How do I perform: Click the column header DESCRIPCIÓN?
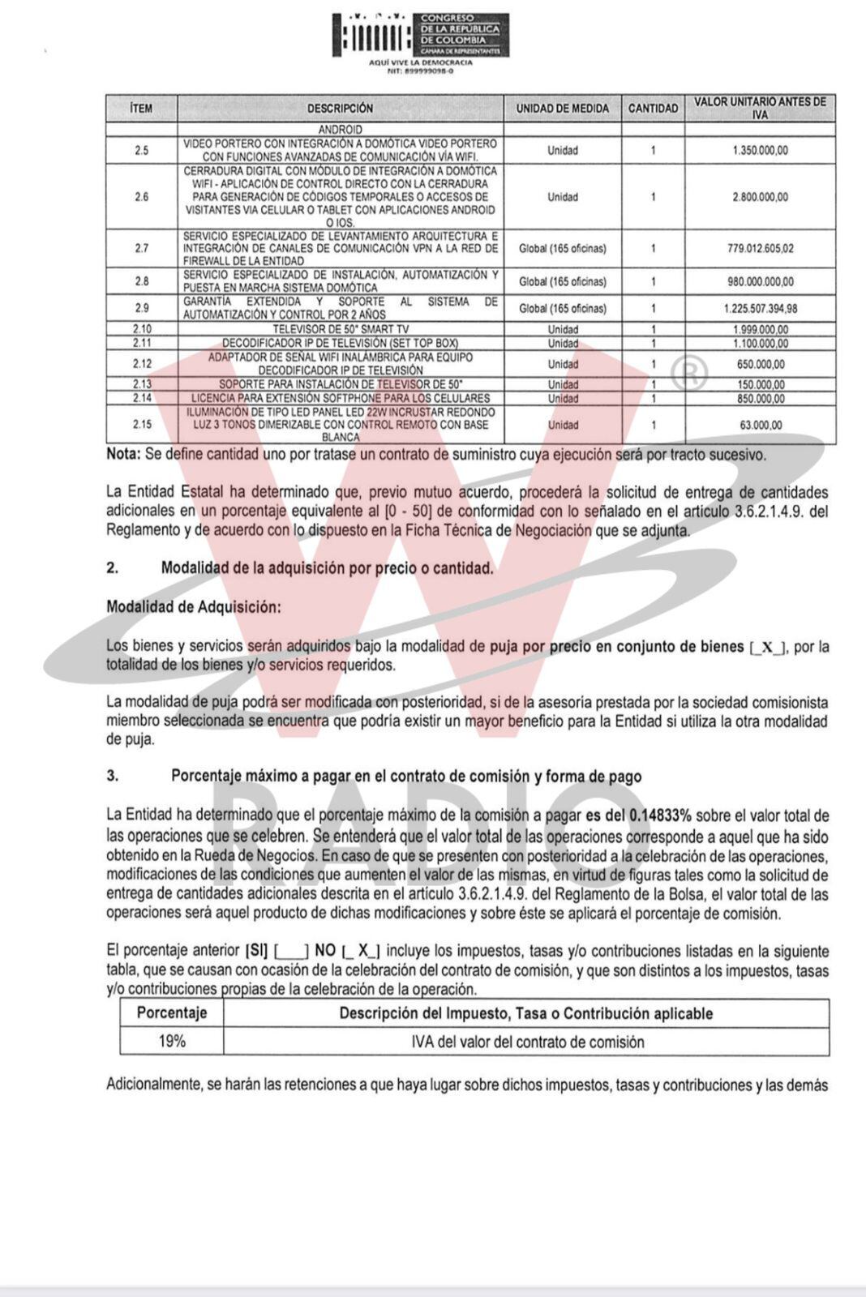pyautogui.click(x=340, y=108)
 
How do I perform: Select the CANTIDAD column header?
pyautogui.click(x=653, y=108)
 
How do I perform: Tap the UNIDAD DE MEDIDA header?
pyautogui.click(x=562, y=108)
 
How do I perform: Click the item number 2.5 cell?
pyautogui.click(x=141, y=150)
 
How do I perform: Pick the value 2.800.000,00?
pyautogui.click(x=759, y=197)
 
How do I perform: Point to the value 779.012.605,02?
pyautogui.click(x=760, y=249)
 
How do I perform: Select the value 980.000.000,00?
pyautogui.click(x=760, y=281)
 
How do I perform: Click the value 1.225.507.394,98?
pyautogui.click(x=760, y=308)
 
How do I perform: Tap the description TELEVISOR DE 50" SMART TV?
pyautogui.click(x=340, y=329)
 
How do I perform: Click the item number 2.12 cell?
pyautogui.click(x=141, y=364)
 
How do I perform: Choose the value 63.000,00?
pyautogui.click(x=759, y=425)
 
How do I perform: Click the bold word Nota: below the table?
pyautogui.click(x=123, y=455)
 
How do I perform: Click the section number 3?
pyautogui.click(x=112, y=776)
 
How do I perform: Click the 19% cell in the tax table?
pyautogui.click(x=171, y=1042)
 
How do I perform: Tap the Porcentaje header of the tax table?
pyautogui.click(x=171, y=1012)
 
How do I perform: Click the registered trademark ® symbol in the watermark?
pyautogui.click(x=689, y=373)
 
